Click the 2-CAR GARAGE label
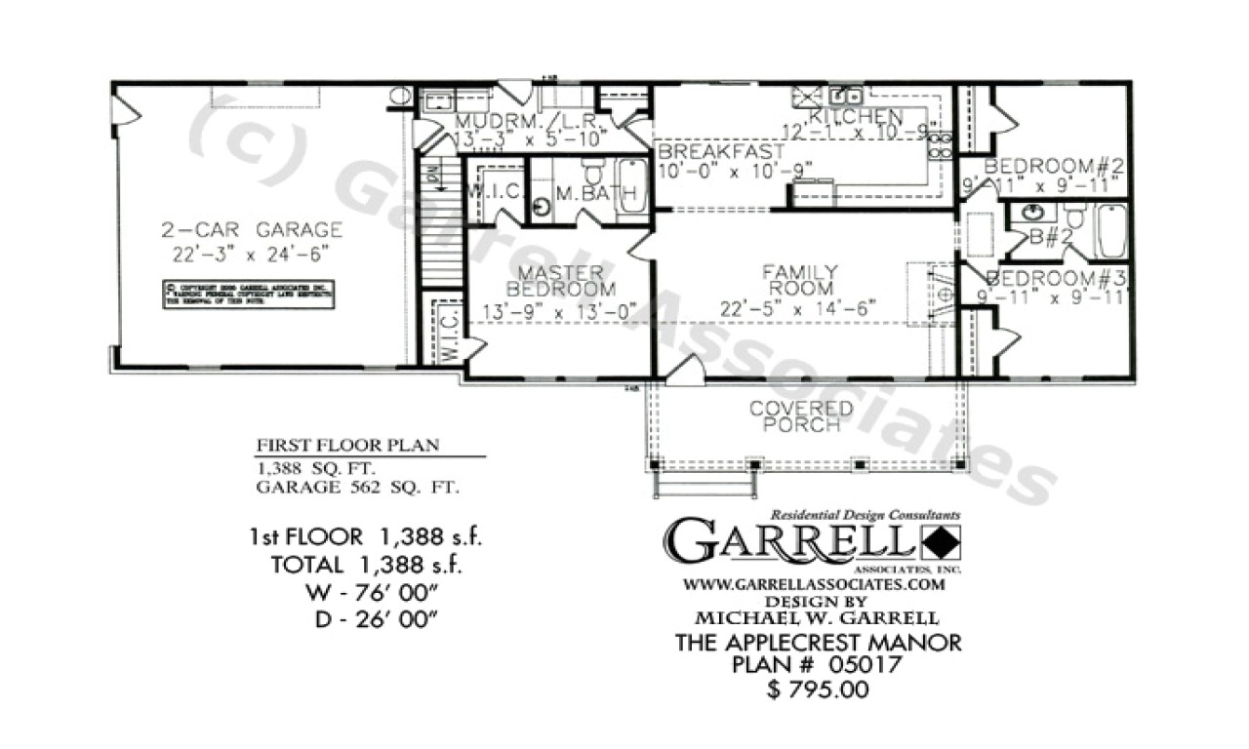[x=252, y=230]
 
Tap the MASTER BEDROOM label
[x=560, y=280]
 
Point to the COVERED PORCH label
[x=800, y=415]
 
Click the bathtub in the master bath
[x=632, y=185]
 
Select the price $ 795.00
[x=818, y=690]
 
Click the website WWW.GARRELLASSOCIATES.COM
[x=813, y=585]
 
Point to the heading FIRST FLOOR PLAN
[x=347, y=445]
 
